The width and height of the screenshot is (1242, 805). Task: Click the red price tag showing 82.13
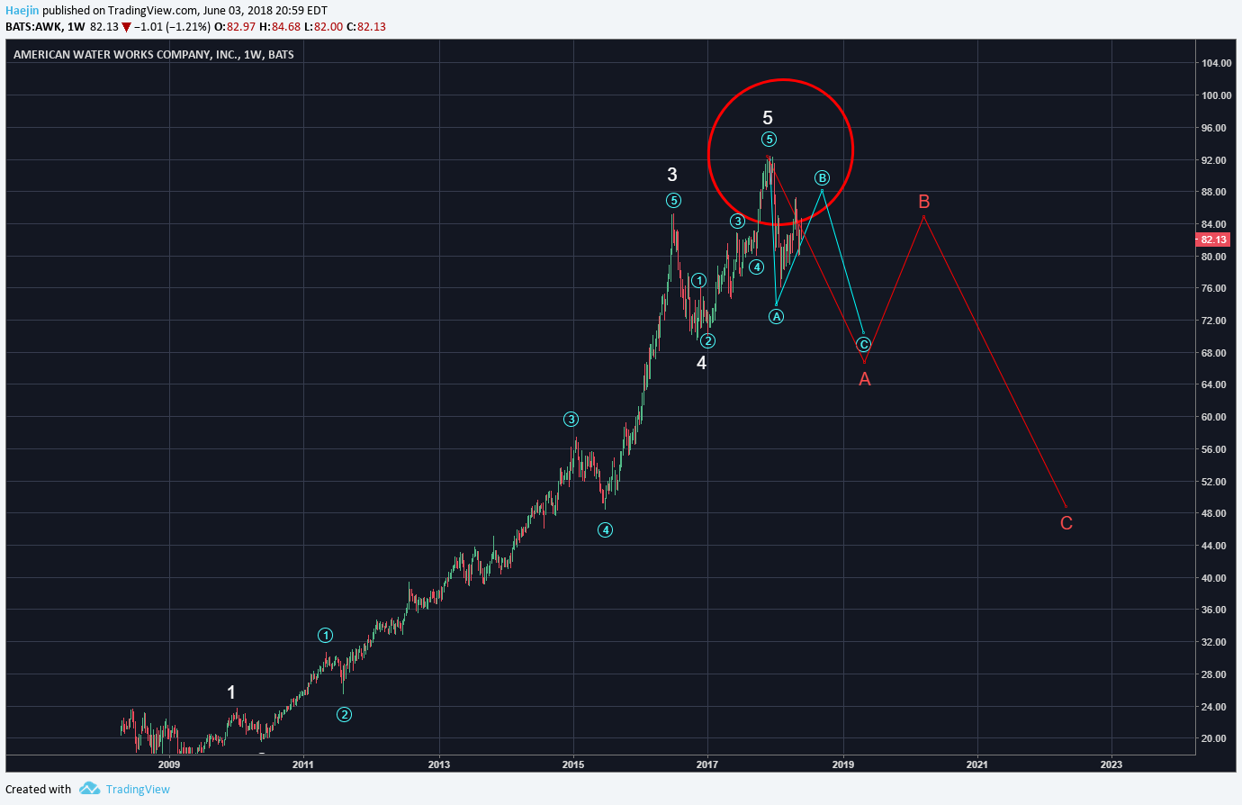point(1213,240)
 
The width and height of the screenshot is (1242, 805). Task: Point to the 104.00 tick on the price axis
point(1217,63)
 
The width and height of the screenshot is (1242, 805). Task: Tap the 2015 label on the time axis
point(572,765)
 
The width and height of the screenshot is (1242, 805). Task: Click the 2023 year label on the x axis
point(1111,765)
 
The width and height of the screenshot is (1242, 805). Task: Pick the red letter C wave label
point(1066,523)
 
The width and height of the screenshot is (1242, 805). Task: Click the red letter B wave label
point(923,202)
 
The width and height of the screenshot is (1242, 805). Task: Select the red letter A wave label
point(865,379)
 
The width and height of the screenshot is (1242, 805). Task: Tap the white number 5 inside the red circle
point(768,118)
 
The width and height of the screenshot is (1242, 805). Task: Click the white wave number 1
point(231,692)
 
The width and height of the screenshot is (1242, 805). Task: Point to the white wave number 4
point(702,363)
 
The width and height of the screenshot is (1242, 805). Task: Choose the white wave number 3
point(672,175)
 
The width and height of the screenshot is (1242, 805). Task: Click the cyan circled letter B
point(822,178)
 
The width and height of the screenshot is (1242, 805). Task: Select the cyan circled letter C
point(864,345)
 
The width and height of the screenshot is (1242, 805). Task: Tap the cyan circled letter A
point(776,316)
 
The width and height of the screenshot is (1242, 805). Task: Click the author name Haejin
point(22,11)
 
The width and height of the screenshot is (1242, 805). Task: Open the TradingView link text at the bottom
point(138,790)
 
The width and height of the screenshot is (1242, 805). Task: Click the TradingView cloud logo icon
point(89,789)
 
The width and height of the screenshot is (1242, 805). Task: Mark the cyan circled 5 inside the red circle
point(769,139)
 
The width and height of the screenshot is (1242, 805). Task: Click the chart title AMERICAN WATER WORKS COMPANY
point(126,55)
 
